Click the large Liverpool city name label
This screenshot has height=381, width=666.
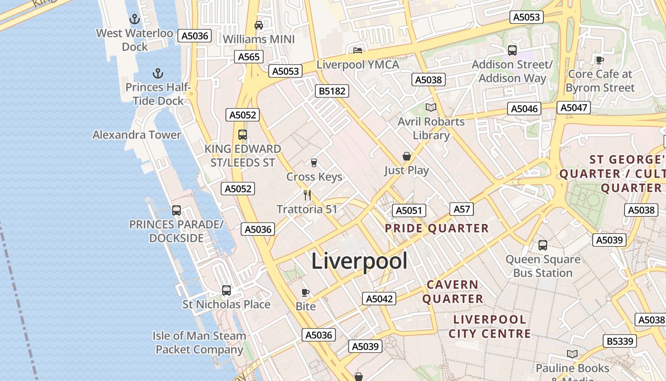click(359, 261)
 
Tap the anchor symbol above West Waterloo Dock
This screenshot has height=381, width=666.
click(135, 20)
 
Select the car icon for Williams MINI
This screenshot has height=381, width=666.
click(259, 25)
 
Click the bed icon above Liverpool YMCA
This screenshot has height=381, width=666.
click(358, 50)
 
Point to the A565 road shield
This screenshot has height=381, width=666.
click(249, 57)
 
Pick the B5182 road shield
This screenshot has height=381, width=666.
click(332, 91)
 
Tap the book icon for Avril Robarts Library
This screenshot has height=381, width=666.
click(431, 107)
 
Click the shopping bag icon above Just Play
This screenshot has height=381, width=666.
click(407, 156)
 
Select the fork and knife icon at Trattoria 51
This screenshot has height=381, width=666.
click(307, 195)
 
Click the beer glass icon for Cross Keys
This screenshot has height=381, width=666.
click(314, 163)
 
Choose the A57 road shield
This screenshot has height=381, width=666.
click(461, 209)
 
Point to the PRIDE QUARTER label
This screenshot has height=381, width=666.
click(437, 229)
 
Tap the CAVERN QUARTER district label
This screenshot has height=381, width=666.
click(452, 292)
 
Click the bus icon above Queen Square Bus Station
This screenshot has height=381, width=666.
click(543, 245)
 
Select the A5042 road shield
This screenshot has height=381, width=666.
click(379, 299)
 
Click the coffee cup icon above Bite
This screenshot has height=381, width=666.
click(305, 292)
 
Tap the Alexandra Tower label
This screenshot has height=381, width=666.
click(137, 135)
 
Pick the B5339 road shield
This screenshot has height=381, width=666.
click(620, 341)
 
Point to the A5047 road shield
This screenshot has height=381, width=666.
click(574, 108)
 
